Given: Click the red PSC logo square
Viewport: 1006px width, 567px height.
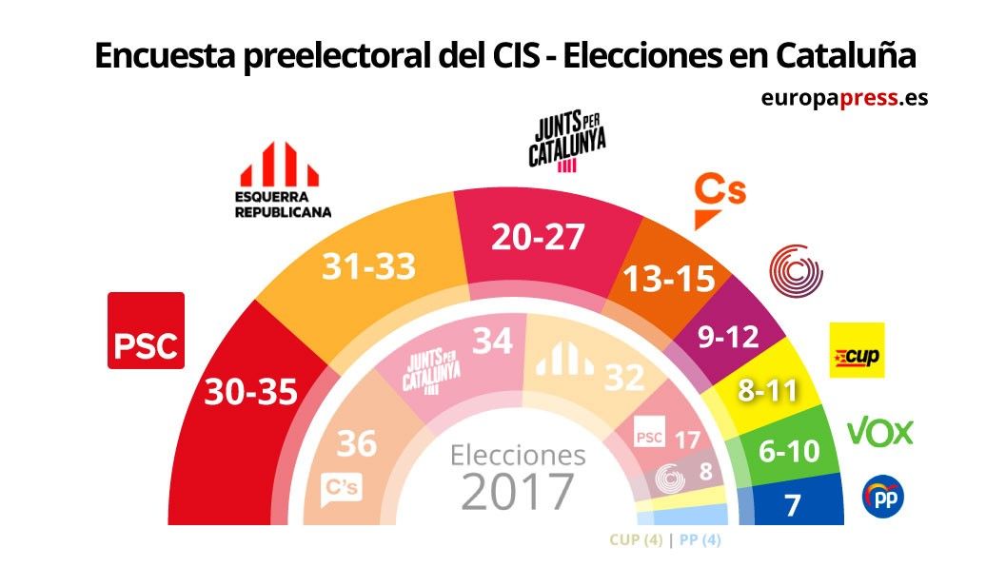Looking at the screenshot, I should click(x=146, y=330).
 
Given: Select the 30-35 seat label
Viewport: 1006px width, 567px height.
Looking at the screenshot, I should click(x=250, y=391).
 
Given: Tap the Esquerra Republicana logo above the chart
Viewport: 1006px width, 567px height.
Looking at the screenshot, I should click(x=283, y=181).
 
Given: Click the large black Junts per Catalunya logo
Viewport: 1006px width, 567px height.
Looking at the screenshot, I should click(x=567, y=141).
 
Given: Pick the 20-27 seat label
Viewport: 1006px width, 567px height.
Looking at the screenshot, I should click(x=537, y=237).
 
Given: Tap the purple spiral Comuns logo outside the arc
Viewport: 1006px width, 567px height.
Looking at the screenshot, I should click(x=796, y=270).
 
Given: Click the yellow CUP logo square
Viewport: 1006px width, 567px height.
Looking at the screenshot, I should click(x=857, y=350).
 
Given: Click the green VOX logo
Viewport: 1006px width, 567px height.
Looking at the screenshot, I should click(x=879, y=433).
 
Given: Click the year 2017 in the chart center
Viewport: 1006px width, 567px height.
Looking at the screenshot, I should click(x=518, y=491).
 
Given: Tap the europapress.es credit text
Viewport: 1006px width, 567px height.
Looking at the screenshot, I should click(x=843, y=97).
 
